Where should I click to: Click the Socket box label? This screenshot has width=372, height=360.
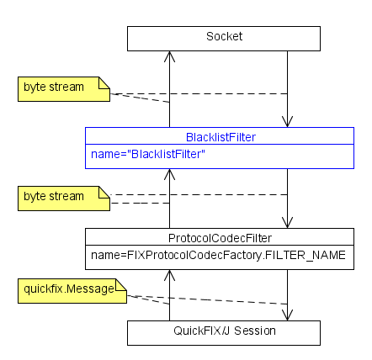point(224,36)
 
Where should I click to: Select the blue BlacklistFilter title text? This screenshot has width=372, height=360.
point(221,137)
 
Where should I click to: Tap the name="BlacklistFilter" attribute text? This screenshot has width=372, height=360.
point(148,154)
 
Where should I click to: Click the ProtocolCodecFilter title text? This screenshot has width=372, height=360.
point(220,238)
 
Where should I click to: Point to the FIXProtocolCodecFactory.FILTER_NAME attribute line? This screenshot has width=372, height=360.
point(218,256)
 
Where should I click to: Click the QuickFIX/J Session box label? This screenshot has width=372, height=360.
point(225,331)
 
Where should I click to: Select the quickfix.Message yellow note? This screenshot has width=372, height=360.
point(72,291)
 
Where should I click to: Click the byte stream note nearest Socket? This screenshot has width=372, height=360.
point(64,89)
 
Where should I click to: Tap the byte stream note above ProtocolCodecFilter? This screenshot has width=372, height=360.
point(64,199)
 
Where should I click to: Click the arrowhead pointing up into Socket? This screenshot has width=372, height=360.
point(169,56)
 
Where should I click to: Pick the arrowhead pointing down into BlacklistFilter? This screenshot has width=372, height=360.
point(287,122)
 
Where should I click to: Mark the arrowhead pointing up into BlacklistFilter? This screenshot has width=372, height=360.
point(169,174)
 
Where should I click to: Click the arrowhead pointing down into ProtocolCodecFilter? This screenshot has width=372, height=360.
point(287,223)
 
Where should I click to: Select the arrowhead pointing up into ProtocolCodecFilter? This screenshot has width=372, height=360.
point(169,275)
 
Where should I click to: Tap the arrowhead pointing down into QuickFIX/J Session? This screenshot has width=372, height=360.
point(287,315)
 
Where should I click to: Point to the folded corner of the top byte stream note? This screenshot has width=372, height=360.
point(104,82)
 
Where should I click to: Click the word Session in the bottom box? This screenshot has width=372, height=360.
point(255,331)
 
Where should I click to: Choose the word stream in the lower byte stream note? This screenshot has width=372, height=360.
point(66,196)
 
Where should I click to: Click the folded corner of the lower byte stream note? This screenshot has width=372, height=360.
point(104,192)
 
